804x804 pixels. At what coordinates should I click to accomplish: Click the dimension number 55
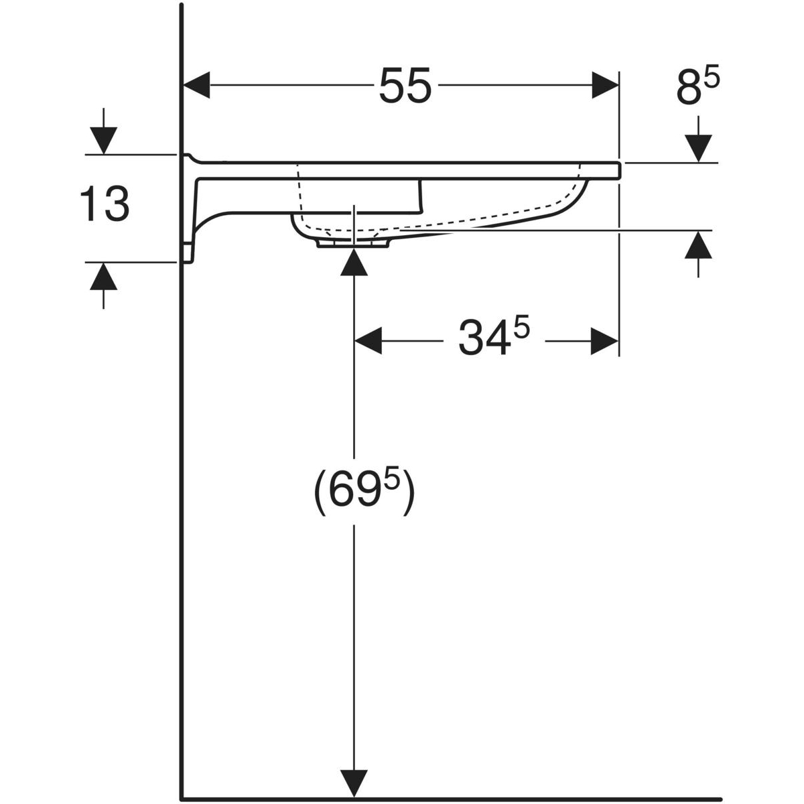pos(404,86)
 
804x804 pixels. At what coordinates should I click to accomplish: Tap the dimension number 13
pos(105,204)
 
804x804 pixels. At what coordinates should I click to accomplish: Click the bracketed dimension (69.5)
pos(364,494)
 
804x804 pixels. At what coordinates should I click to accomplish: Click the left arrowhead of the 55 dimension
pos(196,85)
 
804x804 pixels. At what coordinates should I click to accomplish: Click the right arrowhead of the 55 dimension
pos(605,85)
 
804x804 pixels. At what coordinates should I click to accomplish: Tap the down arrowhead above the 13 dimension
pos(103,141)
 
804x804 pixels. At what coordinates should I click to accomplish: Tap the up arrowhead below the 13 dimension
pos(103,276)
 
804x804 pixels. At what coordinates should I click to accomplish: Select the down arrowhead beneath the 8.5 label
pos(698,149)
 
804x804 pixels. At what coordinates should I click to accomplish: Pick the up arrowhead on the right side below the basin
pos(698,245)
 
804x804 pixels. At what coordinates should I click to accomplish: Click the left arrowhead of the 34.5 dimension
pos(368,341)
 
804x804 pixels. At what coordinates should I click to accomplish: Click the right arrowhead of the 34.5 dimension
pos(604,341)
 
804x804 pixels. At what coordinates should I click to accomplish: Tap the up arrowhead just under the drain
pos(354,262)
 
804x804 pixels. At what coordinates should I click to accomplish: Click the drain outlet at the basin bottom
pos(353,243)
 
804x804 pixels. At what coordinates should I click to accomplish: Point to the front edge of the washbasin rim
pos(619,170)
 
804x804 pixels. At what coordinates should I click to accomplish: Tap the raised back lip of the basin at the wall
pos(190,157)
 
